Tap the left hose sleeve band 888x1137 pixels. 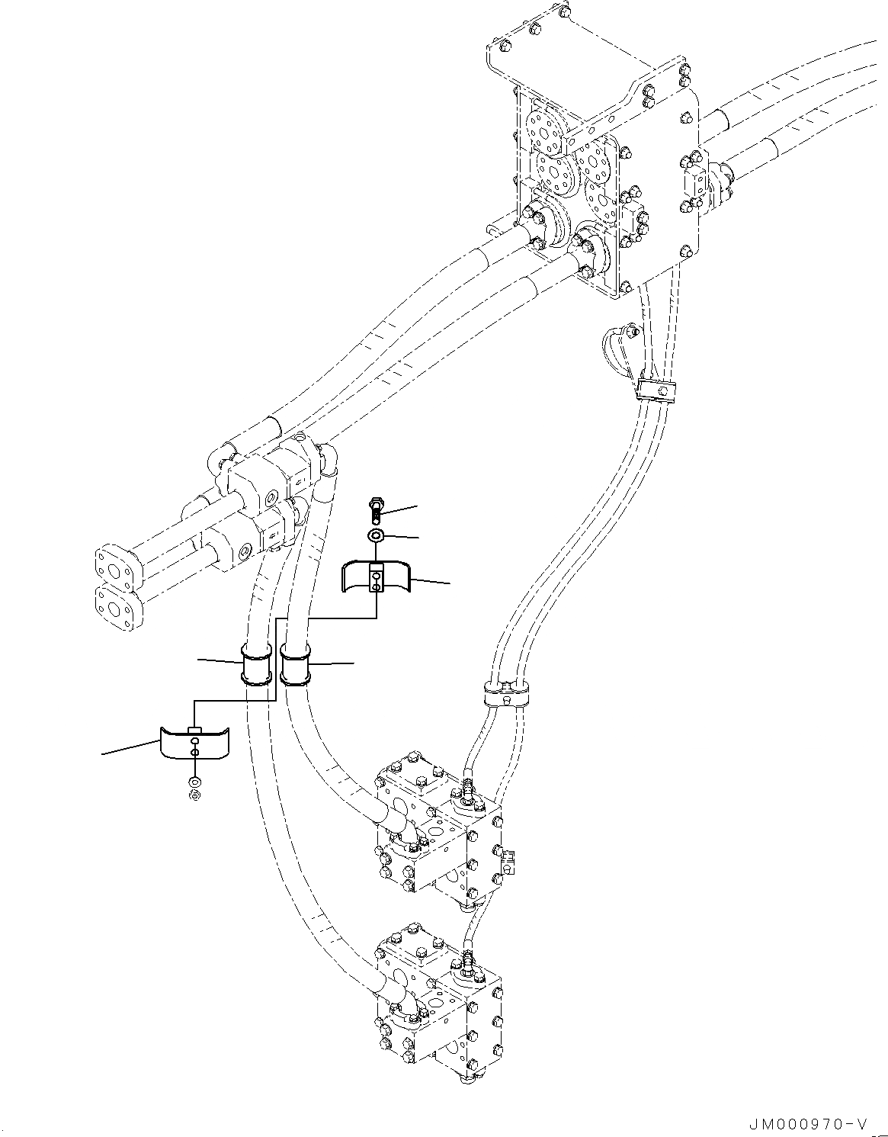coord(257,664)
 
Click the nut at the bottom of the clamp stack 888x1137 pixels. coord(194,796)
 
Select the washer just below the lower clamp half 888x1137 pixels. coord(194,782)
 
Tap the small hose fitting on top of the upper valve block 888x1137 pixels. coord(466,789)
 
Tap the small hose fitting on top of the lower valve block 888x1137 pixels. coord(466,958)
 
